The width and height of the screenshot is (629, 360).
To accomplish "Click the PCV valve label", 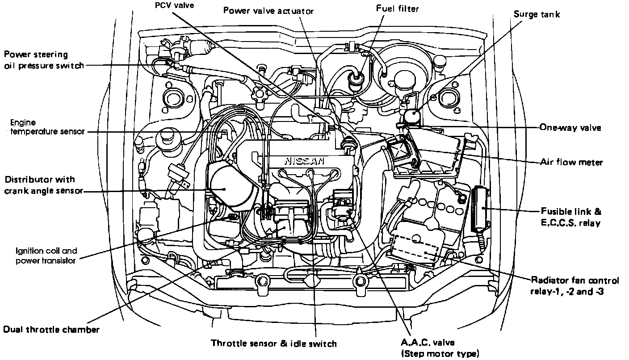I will point(169,6).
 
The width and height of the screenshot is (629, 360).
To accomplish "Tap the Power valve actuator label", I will point(268,10).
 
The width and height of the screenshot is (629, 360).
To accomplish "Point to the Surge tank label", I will point(537,14).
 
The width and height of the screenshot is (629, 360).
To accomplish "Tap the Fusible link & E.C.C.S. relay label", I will point(570,217).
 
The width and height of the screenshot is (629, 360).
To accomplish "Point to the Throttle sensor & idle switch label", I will point(274,343).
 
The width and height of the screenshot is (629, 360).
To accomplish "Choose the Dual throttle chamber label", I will point(51,330).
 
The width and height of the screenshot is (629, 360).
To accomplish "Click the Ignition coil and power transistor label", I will point(46,255).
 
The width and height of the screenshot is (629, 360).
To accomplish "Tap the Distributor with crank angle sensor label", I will point(43,185).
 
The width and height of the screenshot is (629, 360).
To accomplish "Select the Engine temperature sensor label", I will point(41,127).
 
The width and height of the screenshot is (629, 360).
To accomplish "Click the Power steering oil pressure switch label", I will point(44,60).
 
